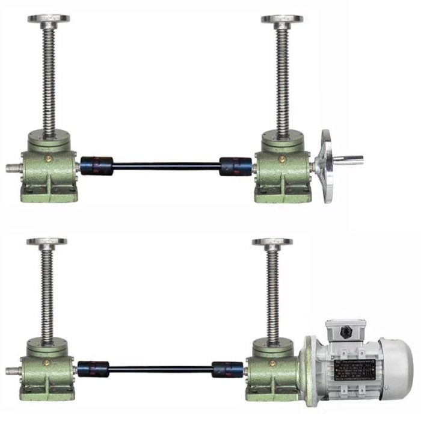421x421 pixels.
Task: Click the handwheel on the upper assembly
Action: click(327, 166)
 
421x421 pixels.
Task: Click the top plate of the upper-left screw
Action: click(48, 19)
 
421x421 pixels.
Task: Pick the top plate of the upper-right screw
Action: click(282, 19)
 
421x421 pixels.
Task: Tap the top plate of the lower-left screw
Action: click(46, 242)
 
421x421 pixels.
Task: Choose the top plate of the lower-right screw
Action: click(272, 242)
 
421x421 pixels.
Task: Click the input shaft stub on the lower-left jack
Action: click(12, 371)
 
